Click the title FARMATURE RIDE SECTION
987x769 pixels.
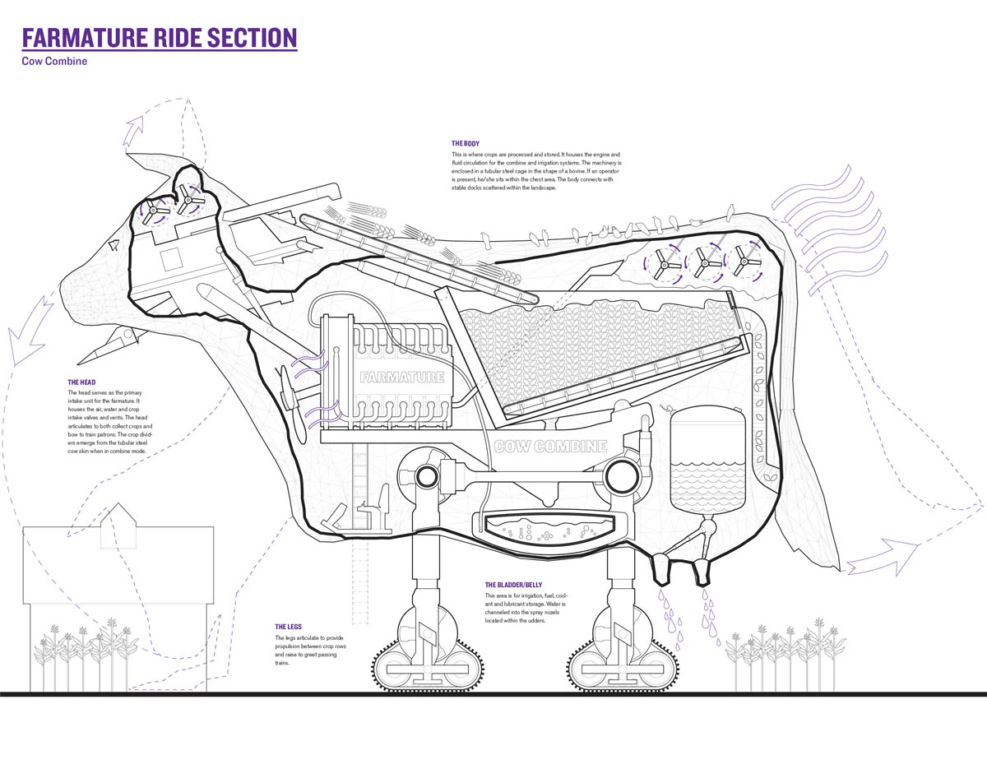(x=159, y=38)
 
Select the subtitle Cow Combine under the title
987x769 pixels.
(x=54, y=62)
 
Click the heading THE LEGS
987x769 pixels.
(x=290, y=626)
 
